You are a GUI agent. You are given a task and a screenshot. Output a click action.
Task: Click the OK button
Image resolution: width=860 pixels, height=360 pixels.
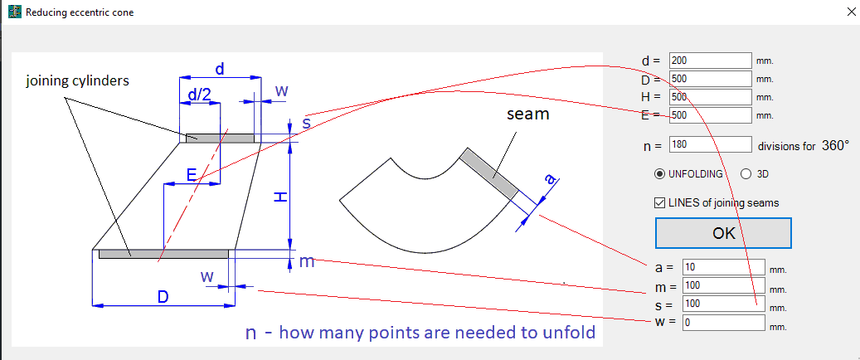tap(723, 233)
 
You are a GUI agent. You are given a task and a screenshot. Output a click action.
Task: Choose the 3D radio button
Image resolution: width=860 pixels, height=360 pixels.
tap(745, 174)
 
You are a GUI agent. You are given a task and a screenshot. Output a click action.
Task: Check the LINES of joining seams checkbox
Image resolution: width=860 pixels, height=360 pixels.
tap(661, 202)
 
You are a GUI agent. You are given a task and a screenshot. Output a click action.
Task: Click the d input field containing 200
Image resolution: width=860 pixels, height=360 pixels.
tap(709, 61)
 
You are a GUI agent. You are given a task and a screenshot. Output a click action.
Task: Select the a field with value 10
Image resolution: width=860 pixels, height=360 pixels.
tap(722, 267)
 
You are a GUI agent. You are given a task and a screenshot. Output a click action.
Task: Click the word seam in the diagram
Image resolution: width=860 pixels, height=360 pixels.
tap(527, 114)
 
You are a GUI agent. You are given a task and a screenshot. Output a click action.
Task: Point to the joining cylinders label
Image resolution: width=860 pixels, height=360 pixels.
tap(77, 81)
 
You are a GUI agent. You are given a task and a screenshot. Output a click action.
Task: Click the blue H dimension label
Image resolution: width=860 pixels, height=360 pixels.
tap(281, 197)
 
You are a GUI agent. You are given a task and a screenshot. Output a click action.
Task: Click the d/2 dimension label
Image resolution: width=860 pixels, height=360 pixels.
tap(199, 95)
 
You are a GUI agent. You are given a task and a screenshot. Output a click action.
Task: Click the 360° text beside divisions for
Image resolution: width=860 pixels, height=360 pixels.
tap(835, 145)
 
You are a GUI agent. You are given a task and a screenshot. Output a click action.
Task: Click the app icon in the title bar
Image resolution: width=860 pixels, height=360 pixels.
tap(13, 12)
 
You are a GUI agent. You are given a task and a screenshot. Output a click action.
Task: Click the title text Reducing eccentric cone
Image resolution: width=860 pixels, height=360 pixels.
tap(80, 13)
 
